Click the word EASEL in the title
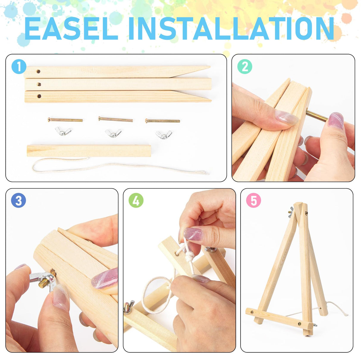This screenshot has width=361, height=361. (x=71, y=29)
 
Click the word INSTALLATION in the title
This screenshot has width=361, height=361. (x=231, y=29)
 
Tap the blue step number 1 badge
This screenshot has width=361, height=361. (x=19, y=67)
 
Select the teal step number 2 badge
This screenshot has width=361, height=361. (x=245, y=67)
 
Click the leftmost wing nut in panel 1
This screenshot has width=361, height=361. (x=63, y=131)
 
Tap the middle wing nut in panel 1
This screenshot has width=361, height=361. (x=113, y=133)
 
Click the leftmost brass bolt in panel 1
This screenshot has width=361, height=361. (x=65, y=120)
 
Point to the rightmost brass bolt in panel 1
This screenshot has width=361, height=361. (x=163, y=121)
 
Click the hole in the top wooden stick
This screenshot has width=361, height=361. (x=38, y=71)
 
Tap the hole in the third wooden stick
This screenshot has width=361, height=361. (x=39, y=96)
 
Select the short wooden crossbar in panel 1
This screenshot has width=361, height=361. (x=89, y=151)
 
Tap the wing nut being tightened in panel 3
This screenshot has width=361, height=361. (x=43, y=281)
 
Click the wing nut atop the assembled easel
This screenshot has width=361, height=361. (x=291, y=212)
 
